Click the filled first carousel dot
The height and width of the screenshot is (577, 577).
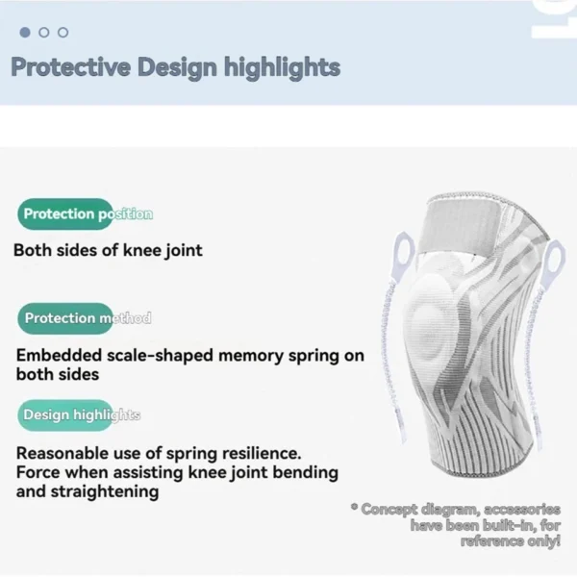25,32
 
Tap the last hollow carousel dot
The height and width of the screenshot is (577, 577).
63,32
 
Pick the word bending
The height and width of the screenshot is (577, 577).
278,472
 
